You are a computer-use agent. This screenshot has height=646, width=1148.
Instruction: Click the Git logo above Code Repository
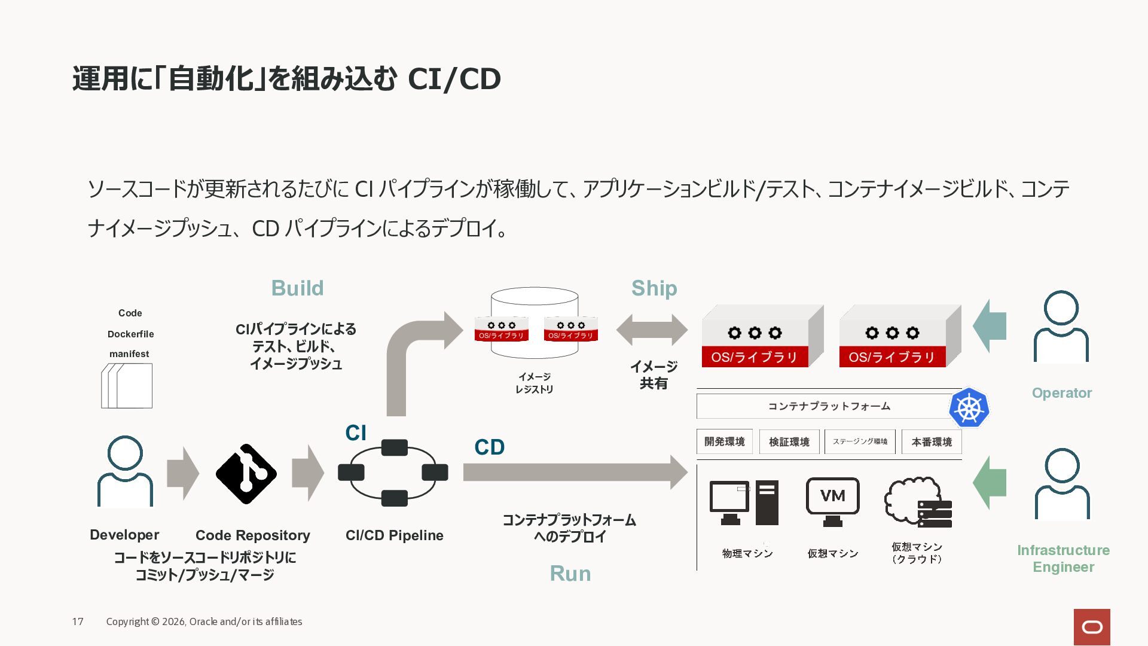click(x=246, y=474)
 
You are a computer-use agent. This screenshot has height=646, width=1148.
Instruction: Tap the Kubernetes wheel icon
click(x=969, y=407)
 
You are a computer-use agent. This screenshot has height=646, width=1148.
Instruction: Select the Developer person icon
click(x=125, y=471)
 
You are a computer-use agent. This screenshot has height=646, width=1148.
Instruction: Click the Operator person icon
click(x=1061, y=327)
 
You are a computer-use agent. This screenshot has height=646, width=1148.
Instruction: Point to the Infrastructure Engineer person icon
click(x=1062, y=484)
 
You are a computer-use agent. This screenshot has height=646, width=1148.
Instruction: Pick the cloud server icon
click(x=918, y=502)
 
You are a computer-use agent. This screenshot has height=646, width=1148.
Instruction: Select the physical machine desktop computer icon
click(x=744, y=502)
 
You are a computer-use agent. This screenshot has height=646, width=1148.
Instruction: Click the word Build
click(x=297, y=288)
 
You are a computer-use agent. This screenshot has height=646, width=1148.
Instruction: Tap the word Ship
click(x=654, y=289)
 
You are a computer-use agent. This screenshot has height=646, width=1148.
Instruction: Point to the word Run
click(x=570, y=574)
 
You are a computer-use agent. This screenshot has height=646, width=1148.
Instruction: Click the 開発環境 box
click(x=725, y=441)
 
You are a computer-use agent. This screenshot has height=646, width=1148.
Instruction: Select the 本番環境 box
click(x=932, y=442)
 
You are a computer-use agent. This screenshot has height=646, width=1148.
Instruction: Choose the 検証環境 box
click(x=789, y=442)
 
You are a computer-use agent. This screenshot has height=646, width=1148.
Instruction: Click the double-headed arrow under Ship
click(x=652, y=330)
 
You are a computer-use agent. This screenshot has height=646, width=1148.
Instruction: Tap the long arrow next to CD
click(x=575, y=473)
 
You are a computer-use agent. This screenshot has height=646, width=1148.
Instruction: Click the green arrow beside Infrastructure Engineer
click(x=990, y=483)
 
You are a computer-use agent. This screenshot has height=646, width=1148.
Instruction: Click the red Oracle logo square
click(x=1092, y=627)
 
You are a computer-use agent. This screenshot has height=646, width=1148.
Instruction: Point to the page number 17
click(x=78, y=622)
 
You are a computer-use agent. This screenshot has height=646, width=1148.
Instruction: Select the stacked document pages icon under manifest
click(x=127, y=386)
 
